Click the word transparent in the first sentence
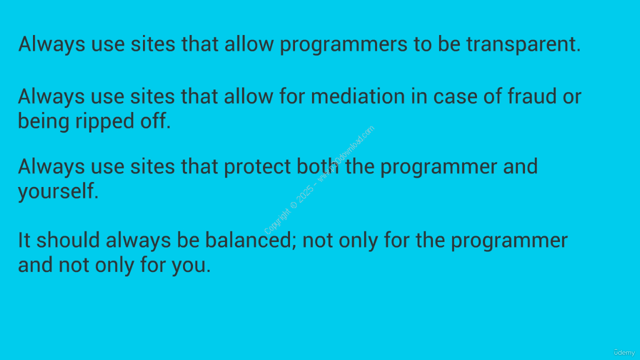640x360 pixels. pyautogui.click(x=523, y=44)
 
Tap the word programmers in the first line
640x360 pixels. pyautogui.click(x=343, y=45)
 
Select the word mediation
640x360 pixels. pyautogui.click(x=357, y=96)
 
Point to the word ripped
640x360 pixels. pyautogui.click(x=104, y=121)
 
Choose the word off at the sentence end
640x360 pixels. pyautogui.click(x=155, y=120)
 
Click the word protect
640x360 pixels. pyautogui.click(x=257, y=167)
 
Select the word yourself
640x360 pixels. pyautogui.click(x=58, y=191)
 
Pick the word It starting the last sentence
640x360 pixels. pyautogui.click(x=24, y=240)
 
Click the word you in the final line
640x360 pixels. pyautogui.click(x=191, y=265)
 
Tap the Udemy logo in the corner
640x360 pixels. pyautogui.click(x=624, y=352)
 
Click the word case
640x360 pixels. pyautogui.click(x=455, y=96)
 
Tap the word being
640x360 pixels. pyautogui.click(x=43, y=121)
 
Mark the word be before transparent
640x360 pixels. pyautogui.click(x=449, y=44)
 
